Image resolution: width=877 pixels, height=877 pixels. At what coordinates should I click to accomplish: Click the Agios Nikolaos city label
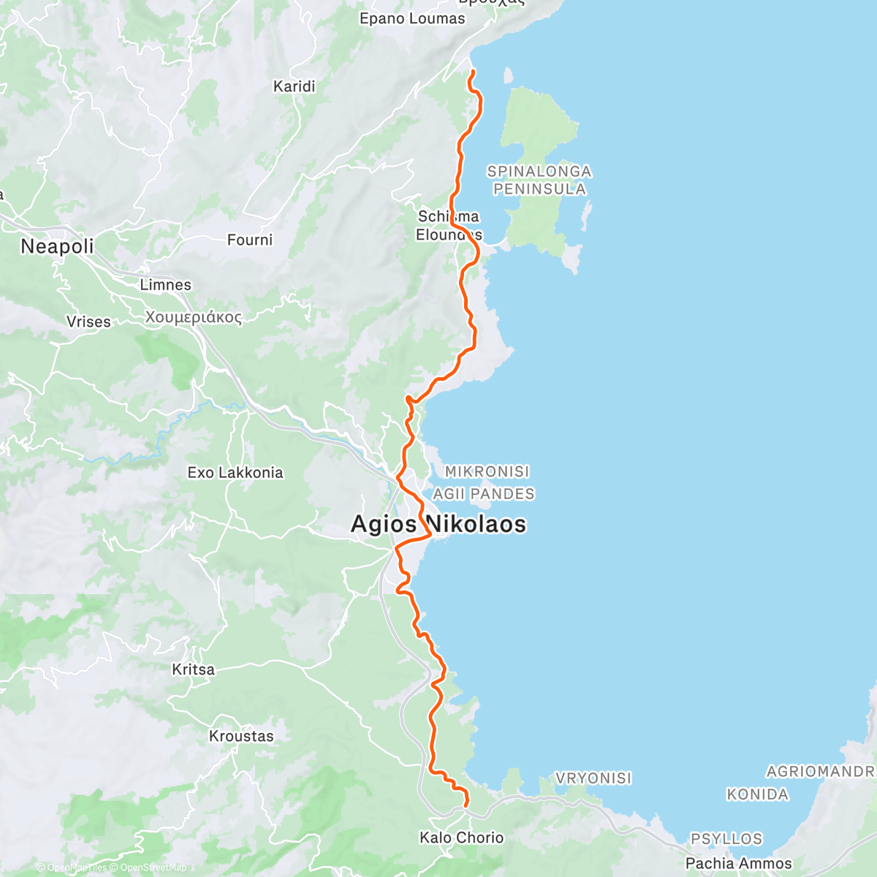coord(438,524)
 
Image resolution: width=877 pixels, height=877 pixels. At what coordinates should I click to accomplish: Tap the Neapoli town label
coord(57,246)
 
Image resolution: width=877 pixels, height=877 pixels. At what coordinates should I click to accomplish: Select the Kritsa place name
coord(193,669)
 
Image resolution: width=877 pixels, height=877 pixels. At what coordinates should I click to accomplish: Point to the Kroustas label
coord(241,736)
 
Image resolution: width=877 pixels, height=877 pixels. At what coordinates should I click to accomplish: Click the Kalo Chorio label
coord(461,838)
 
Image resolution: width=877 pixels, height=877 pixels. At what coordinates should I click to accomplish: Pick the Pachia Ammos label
coord(738,863)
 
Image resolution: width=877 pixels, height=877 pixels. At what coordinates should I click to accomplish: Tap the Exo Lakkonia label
coord(235,473)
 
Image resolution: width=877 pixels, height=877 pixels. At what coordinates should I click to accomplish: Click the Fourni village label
coord(249,240)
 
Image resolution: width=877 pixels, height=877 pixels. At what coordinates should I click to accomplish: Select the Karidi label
coord(294,86)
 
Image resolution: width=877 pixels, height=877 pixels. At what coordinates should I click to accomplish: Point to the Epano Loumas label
coord(411,19)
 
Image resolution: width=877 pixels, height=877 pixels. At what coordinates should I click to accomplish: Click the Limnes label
coord(165,285)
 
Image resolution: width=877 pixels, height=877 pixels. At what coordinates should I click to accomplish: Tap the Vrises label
coord(88,322)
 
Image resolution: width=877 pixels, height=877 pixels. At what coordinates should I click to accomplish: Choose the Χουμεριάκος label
coord(193,317)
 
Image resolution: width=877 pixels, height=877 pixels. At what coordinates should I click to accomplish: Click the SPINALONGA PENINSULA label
coord(539,181)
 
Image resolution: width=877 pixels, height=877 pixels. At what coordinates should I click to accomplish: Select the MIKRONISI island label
coord(487,472)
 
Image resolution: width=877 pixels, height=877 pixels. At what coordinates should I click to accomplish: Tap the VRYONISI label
coord(593,778)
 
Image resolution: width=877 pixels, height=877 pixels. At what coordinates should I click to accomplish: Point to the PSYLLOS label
coord(726,839)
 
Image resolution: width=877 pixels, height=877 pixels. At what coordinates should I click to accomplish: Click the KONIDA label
coord(757,794)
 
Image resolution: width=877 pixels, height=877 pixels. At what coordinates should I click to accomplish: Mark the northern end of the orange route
coord(471,72)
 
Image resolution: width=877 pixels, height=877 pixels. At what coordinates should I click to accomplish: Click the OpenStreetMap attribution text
coord(153,867)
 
